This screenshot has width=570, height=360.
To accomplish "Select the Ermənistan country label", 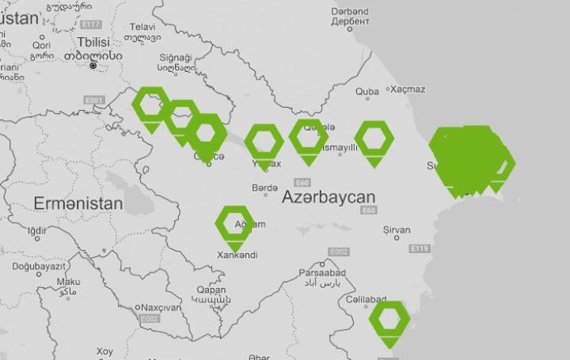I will (x=78, y=203).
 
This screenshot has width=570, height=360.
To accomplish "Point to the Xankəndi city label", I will (x=237, y=255).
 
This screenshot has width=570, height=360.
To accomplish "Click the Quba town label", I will (x=367, y=92).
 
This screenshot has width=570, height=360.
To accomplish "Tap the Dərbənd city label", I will (x=350, y=13).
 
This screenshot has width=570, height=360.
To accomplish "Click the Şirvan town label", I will (x=397, y=230).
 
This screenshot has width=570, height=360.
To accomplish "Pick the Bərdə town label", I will (x=264, y=188).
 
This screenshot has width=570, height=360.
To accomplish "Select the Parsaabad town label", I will (x=319, y=272).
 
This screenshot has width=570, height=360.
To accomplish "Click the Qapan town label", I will (x=211, y=290).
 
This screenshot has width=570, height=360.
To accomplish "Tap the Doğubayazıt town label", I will (x=40, y=267).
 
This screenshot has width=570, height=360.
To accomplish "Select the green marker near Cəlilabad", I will (x=389, y=320).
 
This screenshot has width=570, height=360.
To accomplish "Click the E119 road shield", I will (x=420, y=248).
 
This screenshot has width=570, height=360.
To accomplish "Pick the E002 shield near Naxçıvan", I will (x=149, y=318).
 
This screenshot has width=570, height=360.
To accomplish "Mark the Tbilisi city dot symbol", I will (x=93, y=66).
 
